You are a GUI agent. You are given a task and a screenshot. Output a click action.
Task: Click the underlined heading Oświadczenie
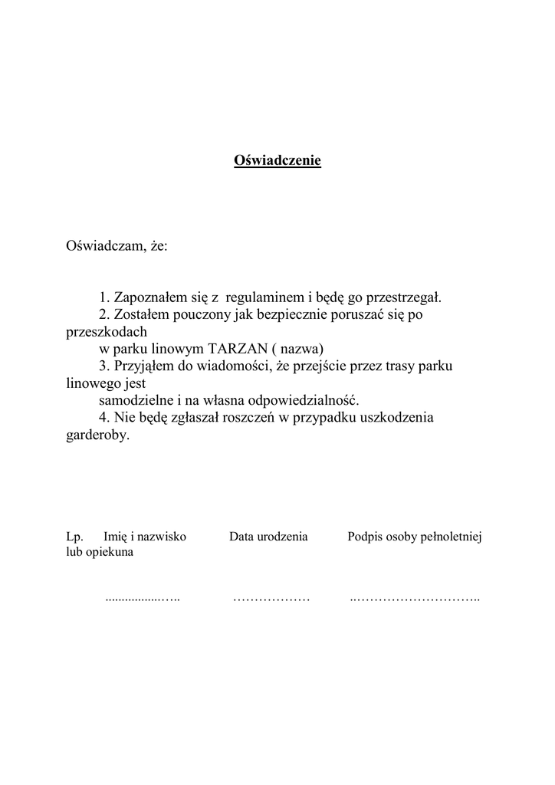(277, 161)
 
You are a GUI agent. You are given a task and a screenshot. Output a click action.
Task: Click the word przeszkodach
(107, 332)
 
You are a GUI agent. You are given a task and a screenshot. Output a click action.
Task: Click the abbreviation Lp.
(74, 537)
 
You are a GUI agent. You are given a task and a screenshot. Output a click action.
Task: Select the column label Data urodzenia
(268, 537)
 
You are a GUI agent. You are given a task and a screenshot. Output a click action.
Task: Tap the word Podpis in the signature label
(365, 537)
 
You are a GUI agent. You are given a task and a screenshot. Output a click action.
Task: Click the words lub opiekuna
(100, 552)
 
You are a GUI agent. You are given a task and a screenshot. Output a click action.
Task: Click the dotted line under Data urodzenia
(271, 598)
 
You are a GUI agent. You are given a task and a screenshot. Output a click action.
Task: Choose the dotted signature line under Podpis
(414, 598)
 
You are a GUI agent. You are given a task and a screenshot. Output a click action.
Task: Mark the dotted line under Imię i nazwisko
(142, 598)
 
